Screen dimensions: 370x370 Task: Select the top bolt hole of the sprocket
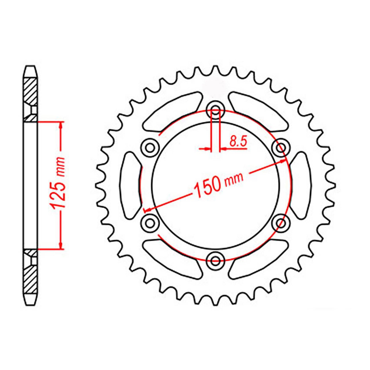point(215,109)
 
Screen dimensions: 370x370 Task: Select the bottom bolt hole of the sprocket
point(215,261)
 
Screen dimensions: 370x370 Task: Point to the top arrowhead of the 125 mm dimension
point(61,125)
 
